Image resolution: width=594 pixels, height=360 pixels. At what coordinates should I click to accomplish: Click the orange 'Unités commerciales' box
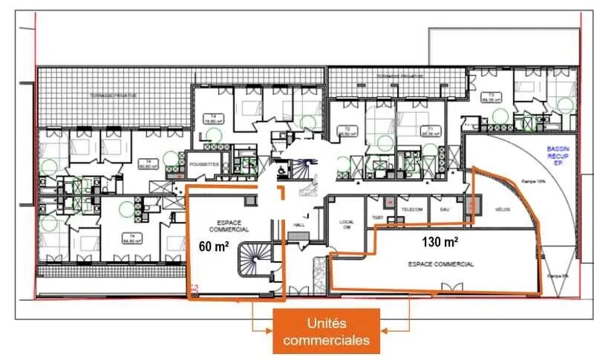(326, 331)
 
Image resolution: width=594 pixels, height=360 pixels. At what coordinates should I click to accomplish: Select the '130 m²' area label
(440, 242)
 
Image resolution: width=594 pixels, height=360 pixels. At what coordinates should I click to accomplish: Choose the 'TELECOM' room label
(412, 209)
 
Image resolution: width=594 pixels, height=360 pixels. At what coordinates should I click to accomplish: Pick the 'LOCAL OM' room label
(347, 223)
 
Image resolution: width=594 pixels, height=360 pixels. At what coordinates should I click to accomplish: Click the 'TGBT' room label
(377, 218)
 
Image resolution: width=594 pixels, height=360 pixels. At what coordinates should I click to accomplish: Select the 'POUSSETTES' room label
(203, 163)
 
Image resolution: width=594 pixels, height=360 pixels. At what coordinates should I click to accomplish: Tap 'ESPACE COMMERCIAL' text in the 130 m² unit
(441, 264)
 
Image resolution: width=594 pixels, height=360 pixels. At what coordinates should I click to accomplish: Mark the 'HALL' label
(300, 224)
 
